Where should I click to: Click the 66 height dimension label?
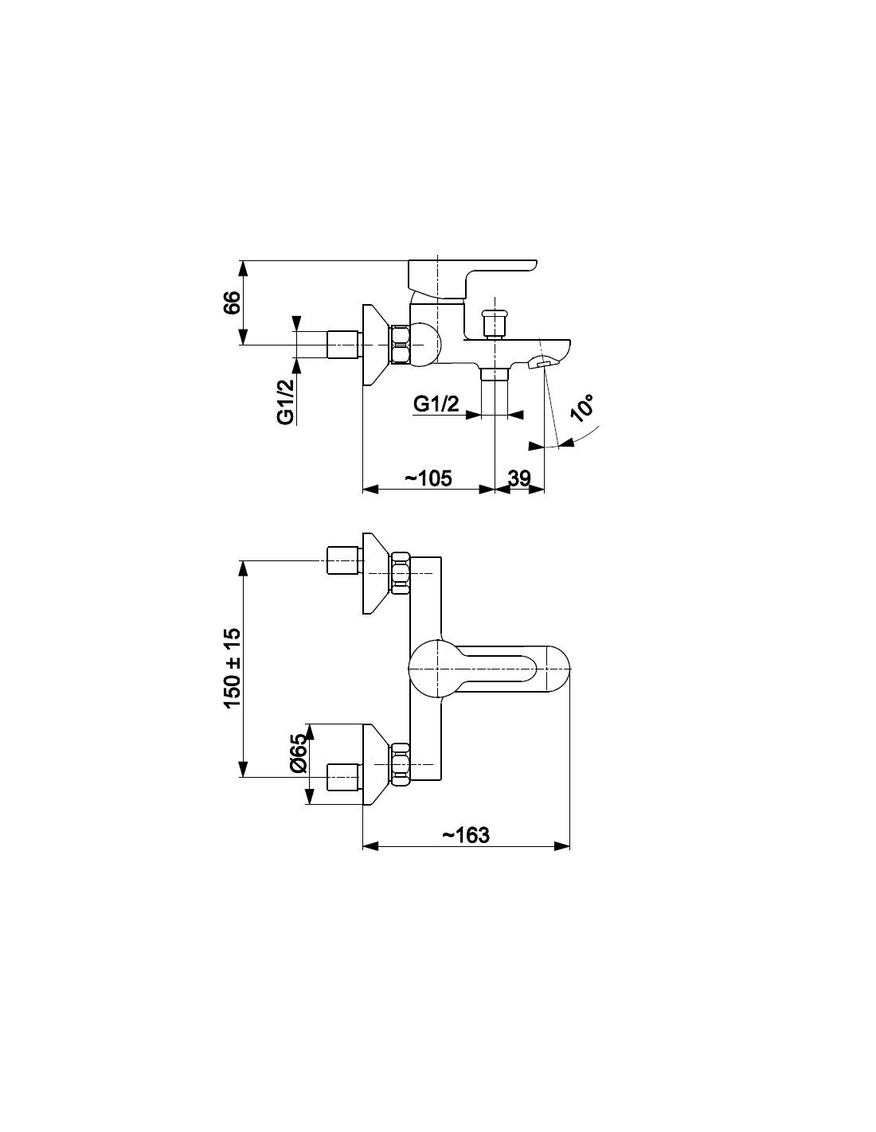pos(232,303)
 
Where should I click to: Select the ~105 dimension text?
pos(428,478)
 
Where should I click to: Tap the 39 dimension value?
pos(519,478)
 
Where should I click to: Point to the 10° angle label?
pos(582,408)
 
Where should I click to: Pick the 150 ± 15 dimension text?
pos(232,668)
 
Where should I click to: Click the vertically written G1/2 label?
pos(286,401)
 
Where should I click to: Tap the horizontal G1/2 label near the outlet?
pos(436,404)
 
